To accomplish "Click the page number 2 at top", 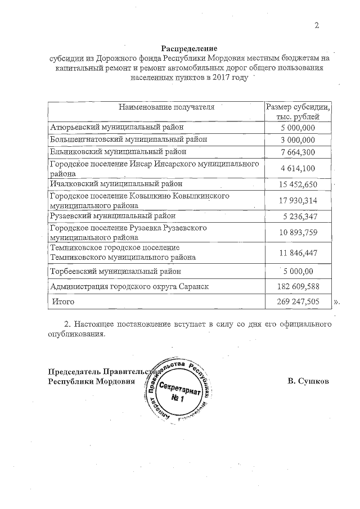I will pyautogui.click(x=317, y=25).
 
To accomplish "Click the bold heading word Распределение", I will pyautogui.click(x=189, y=49).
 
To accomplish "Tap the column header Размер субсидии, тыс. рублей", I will pyautogui.click(x=298, y=111).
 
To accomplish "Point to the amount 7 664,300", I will pyautogui.click(x=298, y=152).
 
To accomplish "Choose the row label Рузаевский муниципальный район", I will pyautogui.click(x=113, y=215).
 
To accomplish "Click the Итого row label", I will pyautogui.click(x=64, y=301).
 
